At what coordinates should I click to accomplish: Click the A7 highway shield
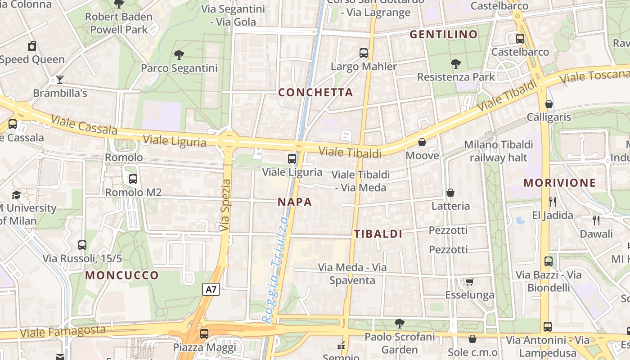point(211,289)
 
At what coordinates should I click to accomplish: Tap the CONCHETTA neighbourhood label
point(315,93)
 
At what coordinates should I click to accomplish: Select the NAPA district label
point(295,202)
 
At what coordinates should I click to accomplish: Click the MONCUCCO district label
point(122,275)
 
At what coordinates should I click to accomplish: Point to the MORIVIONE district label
point(560,183)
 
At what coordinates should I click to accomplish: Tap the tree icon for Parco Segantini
point(179,55)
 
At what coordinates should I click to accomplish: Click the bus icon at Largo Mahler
point(364,53)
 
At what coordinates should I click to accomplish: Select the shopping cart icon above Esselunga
point(469,282)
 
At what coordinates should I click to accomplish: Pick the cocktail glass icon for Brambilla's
point(60,80)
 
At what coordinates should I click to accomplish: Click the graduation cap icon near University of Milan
point(17,195)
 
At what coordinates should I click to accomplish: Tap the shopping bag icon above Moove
point(422,143)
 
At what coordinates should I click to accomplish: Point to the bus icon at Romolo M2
point(133,179)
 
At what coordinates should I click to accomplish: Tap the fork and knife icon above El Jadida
point(553,202)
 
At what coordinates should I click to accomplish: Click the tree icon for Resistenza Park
point(456,64)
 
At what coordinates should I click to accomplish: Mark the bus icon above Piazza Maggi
point(204,334)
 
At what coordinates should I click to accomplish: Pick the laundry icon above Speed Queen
point(32,46)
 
